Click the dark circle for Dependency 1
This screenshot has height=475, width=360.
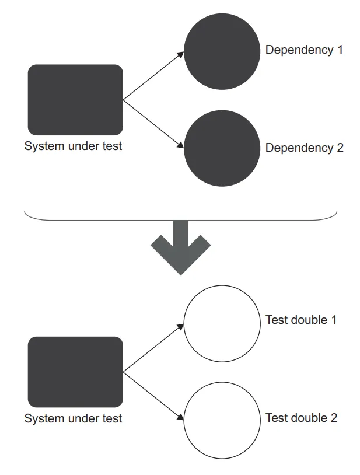(x=222, y=51)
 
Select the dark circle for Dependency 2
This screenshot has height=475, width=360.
(x=222, y=148)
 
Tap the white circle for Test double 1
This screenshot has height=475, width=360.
(x=222, y=323)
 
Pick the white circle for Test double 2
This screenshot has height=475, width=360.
(x=222, y=420)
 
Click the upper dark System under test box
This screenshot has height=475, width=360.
(x=75, y=100)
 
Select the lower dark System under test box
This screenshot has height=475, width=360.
(x=75, y=372)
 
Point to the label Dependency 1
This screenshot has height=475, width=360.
(x=304, y=50)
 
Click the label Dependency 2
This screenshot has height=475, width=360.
(x=304, y=148)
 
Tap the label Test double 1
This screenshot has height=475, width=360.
(x=301, y=320)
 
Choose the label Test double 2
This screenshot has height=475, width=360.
(x=301, y=418)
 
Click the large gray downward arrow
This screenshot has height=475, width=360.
(x=180, y=248)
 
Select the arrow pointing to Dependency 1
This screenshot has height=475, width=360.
(x=153, y=76)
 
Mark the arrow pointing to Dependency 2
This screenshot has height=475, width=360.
(x=153, y=124)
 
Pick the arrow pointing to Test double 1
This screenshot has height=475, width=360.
(x=153, y=348)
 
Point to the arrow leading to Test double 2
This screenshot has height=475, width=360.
(x=153, y=396)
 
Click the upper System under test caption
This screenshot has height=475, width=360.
(x=73, y=146)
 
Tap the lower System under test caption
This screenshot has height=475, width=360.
(x=73, y=418)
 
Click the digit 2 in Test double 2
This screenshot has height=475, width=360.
(x=334, y=418)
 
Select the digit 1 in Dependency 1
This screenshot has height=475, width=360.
(x=340, y=50)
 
